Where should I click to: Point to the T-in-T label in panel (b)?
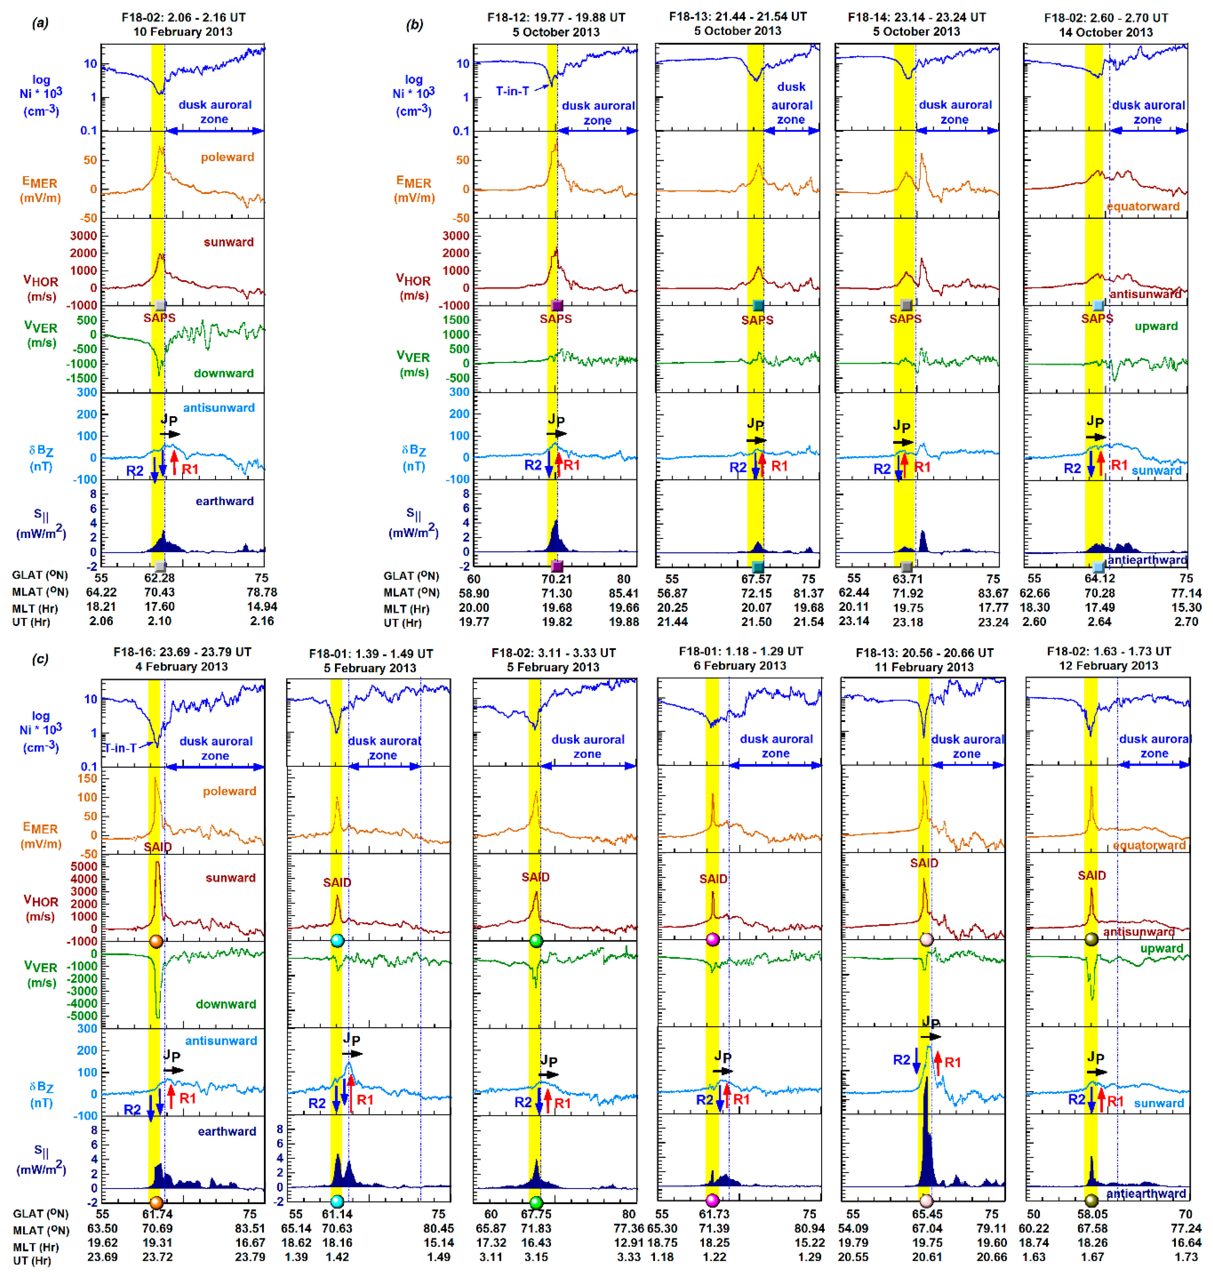512,91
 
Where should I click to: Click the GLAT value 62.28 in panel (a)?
159,578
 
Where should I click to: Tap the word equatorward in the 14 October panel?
1143,206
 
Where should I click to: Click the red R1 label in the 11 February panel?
953,1062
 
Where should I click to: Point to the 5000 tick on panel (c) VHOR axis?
84,866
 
